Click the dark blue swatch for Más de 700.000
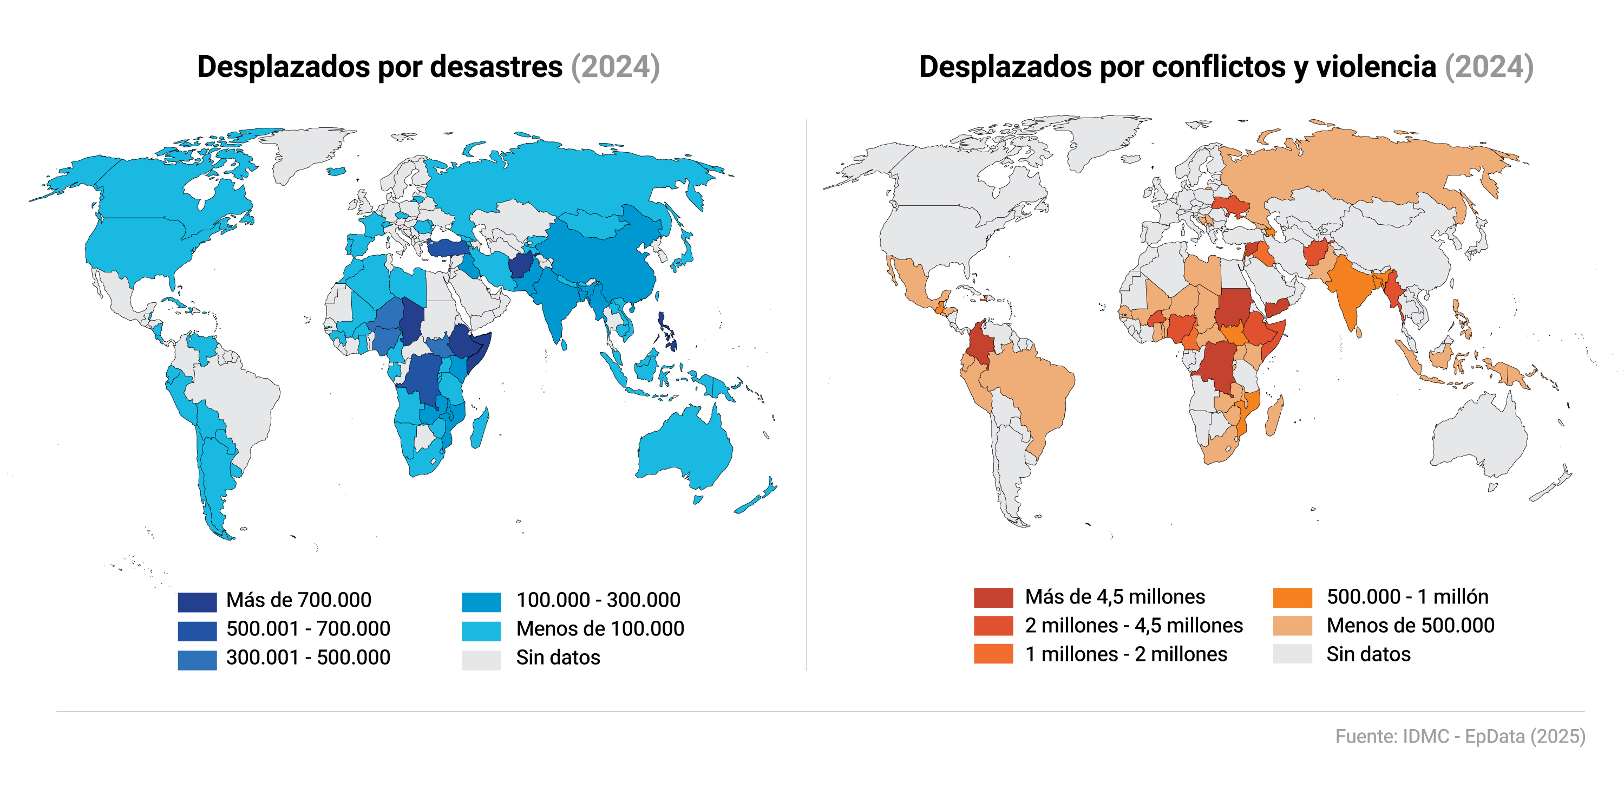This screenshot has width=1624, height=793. (197, 602)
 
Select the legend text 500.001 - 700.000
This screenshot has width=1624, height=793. (307, 629)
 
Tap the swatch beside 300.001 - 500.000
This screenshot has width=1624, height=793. (197, 659)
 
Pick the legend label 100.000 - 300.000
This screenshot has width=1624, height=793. (598, 600)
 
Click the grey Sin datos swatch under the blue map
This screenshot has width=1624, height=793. (481, 659)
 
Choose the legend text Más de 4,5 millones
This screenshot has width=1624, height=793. (1114, 597)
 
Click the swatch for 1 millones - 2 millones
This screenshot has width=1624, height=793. (993, 654)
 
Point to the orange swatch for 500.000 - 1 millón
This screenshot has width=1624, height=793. (1292, 597)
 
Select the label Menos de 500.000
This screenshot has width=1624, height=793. (1410, 625)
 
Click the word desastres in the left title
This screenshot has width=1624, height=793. (496, 67)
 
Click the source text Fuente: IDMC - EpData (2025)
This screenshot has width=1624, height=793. (1459, 736)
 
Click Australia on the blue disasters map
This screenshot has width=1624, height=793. (684, 448)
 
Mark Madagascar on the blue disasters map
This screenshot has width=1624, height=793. (479, 429)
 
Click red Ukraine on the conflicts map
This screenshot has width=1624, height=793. (1229, 206)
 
